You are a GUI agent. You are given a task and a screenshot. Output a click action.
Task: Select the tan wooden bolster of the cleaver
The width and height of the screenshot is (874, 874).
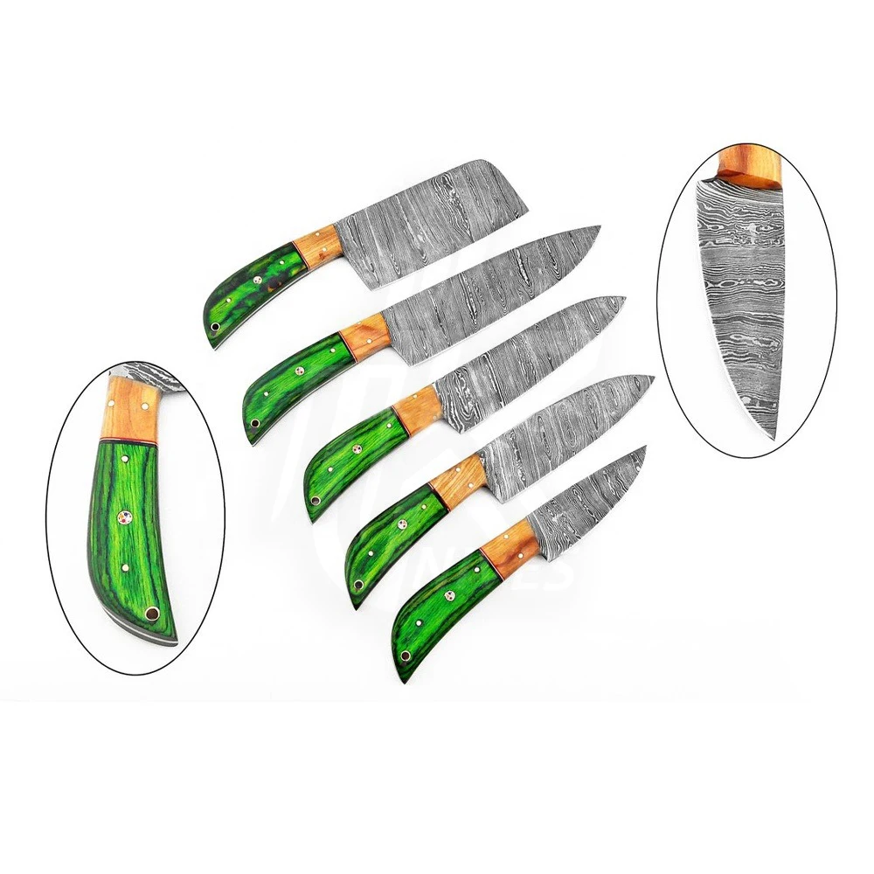(314, 249)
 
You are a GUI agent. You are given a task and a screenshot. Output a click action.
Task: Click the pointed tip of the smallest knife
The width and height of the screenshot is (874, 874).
(645, 447)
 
